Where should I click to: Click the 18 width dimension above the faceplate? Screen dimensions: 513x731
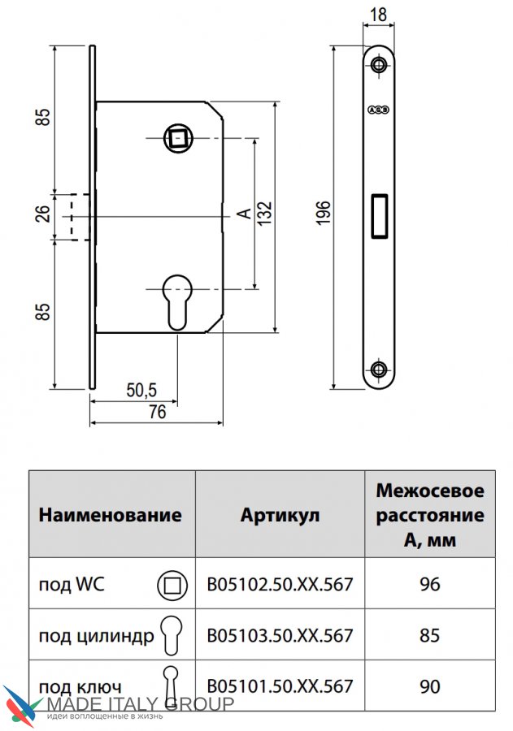pos(378,15)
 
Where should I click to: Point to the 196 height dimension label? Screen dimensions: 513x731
pos(323,213)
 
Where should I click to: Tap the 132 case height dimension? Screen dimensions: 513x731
pos(264,213)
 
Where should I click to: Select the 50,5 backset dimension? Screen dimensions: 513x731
pos(141,390)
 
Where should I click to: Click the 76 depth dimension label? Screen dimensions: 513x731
pos(157,412)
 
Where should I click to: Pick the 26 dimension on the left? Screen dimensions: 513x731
pos(42,214)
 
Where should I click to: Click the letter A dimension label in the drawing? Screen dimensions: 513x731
pos(244,214)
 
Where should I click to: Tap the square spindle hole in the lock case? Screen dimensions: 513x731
pos(178,138)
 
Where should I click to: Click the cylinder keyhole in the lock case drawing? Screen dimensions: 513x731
pos(178,303)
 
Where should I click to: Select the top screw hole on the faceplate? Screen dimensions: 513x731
pos(379,64)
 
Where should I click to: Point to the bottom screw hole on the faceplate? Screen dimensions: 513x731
pos(379,370)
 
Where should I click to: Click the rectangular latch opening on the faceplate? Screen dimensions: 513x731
pos(379,216)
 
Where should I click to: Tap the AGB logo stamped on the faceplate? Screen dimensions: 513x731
pos(379,110)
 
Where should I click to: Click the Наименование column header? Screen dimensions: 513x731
pos(111,515)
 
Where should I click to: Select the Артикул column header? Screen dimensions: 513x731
pos(280,515)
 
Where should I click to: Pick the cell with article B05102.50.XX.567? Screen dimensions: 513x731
pos(280,584)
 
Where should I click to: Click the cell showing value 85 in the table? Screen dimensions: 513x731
pos(430,635)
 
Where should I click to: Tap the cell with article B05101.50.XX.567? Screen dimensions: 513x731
pos(280,686)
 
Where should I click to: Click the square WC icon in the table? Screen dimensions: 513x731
pos(172,585)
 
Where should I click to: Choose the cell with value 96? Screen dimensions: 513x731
pos(430,584)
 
